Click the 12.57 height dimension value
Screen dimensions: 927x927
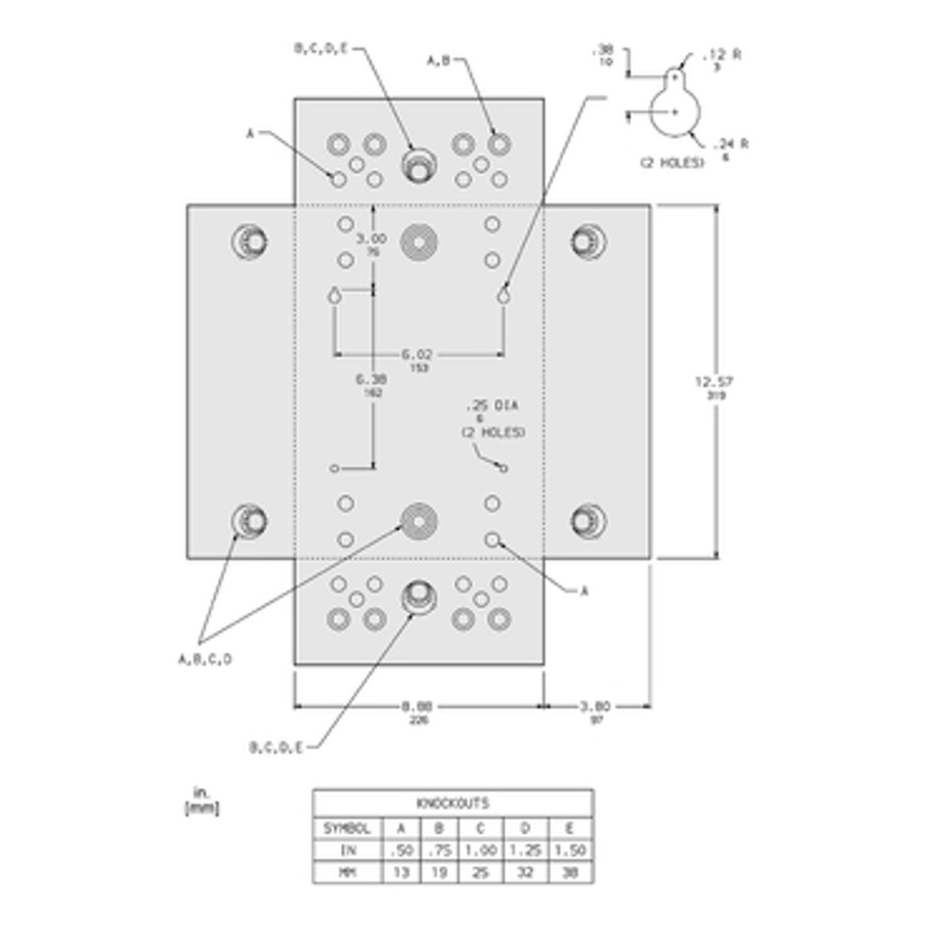pos(714,382)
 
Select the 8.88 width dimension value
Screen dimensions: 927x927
pos(418,705)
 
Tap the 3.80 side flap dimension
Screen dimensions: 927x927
pos(596,705)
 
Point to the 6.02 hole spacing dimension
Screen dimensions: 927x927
pos(417,355)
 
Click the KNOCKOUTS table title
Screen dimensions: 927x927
pos(453,803)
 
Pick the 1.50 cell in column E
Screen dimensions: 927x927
pos(570,850)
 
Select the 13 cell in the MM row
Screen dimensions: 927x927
pos(400,872)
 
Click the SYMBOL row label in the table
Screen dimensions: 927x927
pos(348,828)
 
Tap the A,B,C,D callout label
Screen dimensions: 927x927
pos(205,659)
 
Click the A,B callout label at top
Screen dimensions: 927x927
pos(439,60)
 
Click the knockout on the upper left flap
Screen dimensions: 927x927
pos(249,241)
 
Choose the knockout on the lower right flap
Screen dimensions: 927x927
pos(589,520)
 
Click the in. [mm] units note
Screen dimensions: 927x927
pos(202,801)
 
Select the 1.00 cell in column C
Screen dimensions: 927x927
pos(480,850)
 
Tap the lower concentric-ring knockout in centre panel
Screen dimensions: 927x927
pos(419,521)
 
